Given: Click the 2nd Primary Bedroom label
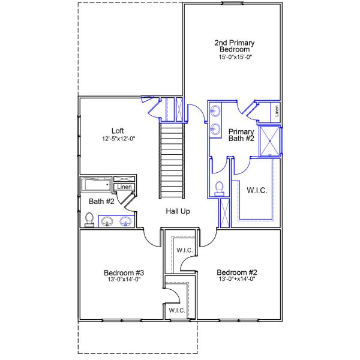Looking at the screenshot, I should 235,46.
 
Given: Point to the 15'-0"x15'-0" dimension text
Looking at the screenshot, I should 235,58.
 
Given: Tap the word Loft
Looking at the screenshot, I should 118,131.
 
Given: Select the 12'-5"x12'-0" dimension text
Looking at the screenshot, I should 118,139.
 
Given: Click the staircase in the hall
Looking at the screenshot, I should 172,160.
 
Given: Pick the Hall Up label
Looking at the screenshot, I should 179,212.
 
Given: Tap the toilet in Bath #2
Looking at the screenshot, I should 89,220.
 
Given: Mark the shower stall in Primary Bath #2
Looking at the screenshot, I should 269,141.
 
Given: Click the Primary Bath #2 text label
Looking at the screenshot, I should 241,136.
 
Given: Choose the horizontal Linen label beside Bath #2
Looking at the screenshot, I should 124,187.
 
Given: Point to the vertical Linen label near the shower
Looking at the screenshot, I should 277,110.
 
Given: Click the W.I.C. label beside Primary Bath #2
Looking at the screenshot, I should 257,190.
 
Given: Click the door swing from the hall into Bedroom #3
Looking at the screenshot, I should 152,237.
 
